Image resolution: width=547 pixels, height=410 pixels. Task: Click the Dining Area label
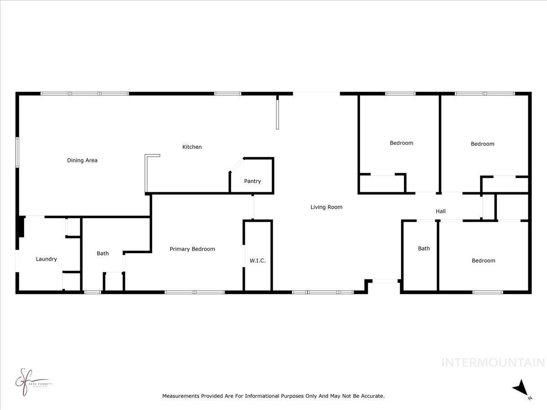tap(82, 160)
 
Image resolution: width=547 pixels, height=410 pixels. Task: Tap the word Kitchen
tap(192, 147)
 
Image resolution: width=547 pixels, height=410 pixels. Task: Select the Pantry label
tap(253, 181)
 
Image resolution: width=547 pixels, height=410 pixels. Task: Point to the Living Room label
tap(326, 207)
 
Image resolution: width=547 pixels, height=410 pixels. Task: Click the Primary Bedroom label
tap(192, 249)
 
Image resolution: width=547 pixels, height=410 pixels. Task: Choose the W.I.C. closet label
tap(258, 261)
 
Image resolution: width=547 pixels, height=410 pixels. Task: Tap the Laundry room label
tap(46, 259)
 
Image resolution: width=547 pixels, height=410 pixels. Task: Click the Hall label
tap(441, 211)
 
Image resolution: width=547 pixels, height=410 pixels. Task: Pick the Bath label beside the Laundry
tap(103, 253)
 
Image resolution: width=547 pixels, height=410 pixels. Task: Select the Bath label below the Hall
tap(424, 249)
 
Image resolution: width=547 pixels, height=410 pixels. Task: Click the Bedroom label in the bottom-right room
tap(483, 261)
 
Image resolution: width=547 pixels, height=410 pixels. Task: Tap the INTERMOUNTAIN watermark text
tap(494, 363)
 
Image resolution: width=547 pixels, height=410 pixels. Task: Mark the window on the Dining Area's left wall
tap(17, 152)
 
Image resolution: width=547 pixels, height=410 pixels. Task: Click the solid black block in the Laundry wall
tap(21, 226)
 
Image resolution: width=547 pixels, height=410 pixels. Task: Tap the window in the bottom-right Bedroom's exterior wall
tap(488, 292)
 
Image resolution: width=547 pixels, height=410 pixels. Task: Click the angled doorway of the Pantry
tap(237, 165)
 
